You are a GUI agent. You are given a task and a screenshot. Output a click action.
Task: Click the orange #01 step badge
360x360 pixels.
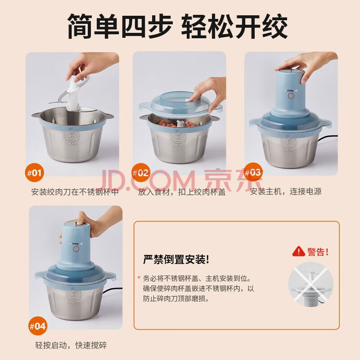[35, 172]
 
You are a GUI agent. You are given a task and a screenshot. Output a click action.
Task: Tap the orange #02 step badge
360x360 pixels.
[141, 172]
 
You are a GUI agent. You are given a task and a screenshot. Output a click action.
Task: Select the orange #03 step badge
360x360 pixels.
[253, 172]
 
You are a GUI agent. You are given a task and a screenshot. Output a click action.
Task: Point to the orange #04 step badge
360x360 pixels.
[38, 326]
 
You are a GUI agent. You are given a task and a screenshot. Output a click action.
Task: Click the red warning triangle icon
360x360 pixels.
[298, 252]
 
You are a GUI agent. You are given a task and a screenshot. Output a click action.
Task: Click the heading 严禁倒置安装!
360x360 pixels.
[176, 260]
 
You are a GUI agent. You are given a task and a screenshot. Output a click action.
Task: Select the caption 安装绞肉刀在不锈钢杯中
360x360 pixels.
[75, 192]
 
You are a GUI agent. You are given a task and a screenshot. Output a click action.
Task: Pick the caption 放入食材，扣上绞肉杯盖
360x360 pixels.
[182, 192]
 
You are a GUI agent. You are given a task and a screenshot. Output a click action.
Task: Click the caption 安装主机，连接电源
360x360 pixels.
[286, 191]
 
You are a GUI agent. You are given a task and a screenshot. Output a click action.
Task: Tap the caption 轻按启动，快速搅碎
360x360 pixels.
[71, 345]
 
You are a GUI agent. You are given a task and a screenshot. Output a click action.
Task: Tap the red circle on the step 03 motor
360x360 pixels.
[291, 96]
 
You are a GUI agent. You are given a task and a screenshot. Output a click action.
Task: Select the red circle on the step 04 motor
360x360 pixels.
[76, 249]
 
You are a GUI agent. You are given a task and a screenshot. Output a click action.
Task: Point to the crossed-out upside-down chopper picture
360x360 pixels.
[310, 284]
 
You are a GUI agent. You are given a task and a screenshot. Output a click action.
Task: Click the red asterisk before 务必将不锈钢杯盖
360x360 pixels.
[139, 277]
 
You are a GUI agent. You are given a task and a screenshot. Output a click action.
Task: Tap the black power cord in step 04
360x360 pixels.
[112, 290]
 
